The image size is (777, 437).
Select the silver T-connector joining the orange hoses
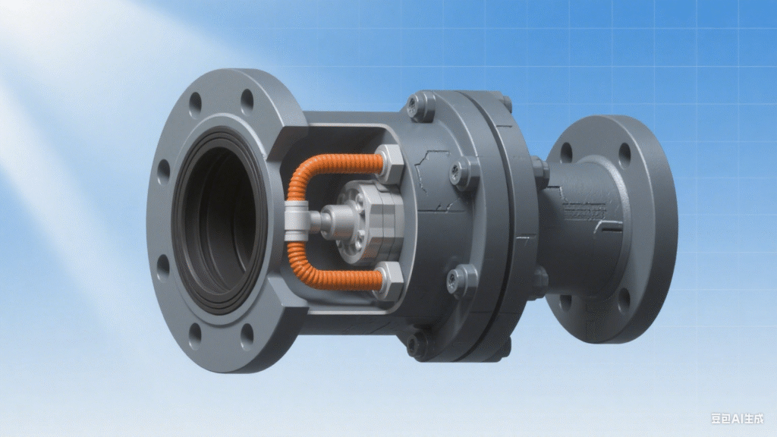[297, 222]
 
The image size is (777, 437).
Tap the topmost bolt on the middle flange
[420, 105]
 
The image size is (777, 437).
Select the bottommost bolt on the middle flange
[418, 346]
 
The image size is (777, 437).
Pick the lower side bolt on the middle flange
[462, 280]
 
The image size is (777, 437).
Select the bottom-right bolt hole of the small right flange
[623, 302]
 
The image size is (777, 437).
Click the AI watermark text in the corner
[737, 418]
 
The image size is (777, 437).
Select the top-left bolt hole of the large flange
[195, 102]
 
